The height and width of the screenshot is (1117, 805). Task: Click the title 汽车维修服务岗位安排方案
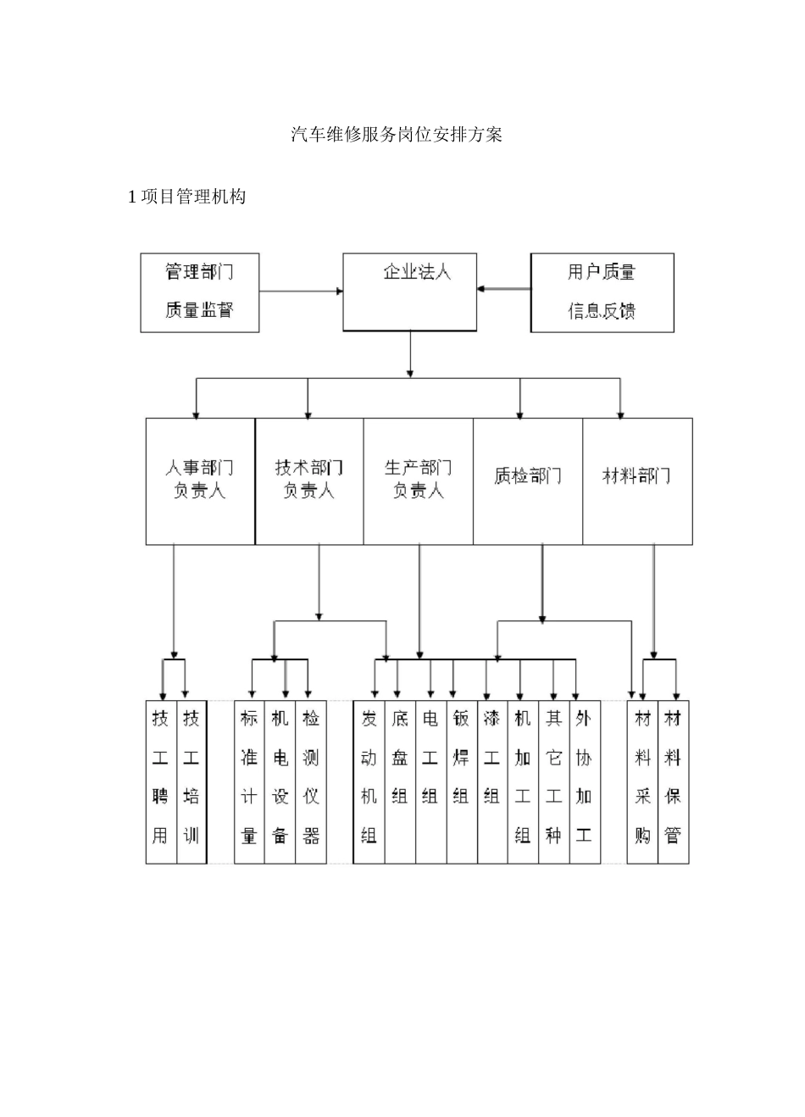click(397, 135)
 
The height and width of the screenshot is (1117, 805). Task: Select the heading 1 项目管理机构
click(187, 197)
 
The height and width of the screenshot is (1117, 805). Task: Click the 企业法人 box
click(410, 292)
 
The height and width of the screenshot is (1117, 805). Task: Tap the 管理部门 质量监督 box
click(199, 292)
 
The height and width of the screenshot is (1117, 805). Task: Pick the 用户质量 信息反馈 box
click(602, 292)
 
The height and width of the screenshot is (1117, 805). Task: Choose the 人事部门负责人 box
click(200, 481)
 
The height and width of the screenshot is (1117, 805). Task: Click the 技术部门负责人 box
click(309, 481)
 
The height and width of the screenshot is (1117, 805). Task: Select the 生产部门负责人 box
click(419, 481)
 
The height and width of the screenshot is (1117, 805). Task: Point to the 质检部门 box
click(528, 481)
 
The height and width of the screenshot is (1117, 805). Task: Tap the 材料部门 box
click(637, 481)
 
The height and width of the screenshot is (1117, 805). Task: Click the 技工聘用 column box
click(161, 781)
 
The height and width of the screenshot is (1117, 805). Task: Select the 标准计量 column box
click(249, 781)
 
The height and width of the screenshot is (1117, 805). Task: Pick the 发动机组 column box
click(369, 781)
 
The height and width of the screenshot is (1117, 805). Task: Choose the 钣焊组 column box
click(462, 781)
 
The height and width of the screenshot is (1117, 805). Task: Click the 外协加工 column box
click(585, 781)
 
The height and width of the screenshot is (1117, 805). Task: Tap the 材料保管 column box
click(674, 781)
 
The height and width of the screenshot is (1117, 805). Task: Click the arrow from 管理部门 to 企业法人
click(301, 292)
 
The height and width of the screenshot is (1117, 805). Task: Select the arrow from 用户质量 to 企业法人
click(503, 289)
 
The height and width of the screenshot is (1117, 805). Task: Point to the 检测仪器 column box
click(311, 781)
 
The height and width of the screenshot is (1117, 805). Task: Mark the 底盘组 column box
click(400, 781)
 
